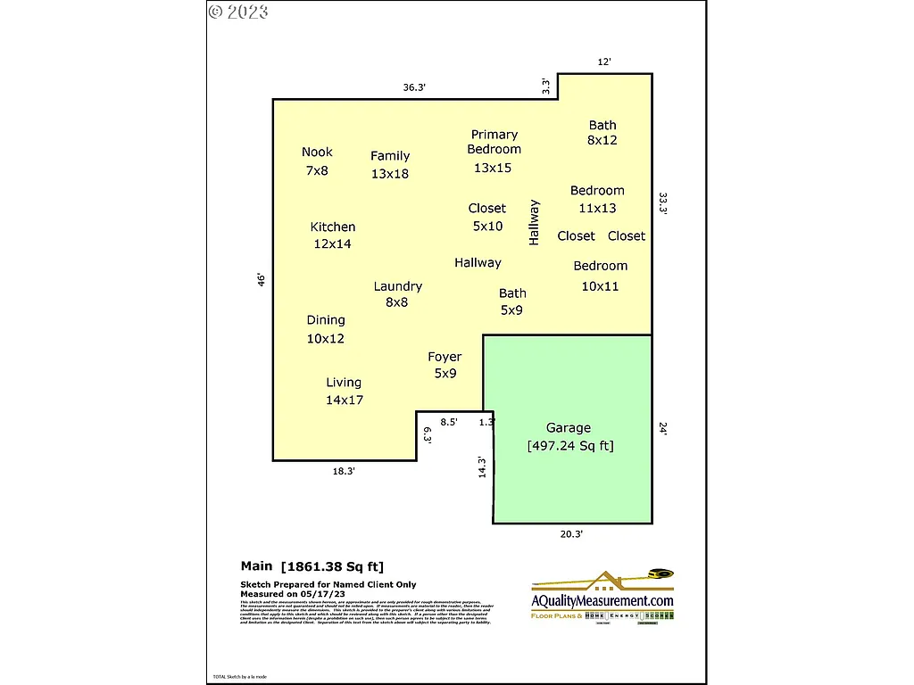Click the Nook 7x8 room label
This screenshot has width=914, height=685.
pyautogui.click(x=317, y=161)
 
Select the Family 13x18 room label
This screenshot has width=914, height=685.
pyautogui.click(x=390, y=165)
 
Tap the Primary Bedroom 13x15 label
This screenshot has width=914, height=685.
pyautogui.click(x=494, y=151)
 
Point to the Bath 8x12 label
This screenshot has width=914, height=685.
pyautogui.click(x=602, y=133)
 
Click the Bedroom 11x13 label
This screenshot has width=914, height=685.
pyautogui.click(x=597, y=199)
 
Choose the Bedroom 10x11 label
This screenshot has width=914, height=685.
pyautogui.click(x=600, y=276)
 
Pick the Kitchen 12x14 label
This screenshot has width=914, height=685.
pyautogui.click(x=332, y=235)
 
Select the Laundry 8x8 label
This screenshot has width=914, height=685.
pyautogui.click(x=397, y=294)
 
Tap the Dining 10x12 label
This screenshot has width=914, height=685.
pyautogui.click(x=326, y=329)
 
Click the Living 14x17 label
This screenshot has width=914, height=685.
pyautogui.click(x=344, y=391)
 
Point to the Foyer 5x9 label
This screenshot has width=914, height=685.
pyautogui.click(x=445, y=365)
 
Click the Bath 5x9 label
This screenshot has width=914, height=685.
pyautogui.click(x=512, y=301)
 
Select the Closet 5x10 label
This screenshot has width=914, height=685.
pyautogui.click(x=487, y=217)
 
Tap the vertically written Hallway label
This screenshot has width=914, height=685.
pyautogui.click(x=535, y=222)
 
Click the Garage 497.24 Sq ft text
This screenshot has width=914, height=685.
pyautogui.click(x=569, y=437)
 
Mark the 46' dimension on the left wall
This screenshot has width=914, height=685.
pyautogui.click(x=262, y=280)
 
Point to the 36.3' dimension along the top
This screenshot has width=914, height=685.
pyautogui.click(x=414, y=87)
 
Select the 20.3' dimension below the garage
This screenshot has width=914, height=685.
pyautogui.click(x=570, y=533)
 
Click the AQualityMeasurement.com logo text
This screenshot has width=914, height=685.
pyautogui.click(x=602, y=601)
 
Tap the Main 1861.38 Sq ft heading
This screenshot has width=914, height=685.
pyautogui.click(x=312, y=565)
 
